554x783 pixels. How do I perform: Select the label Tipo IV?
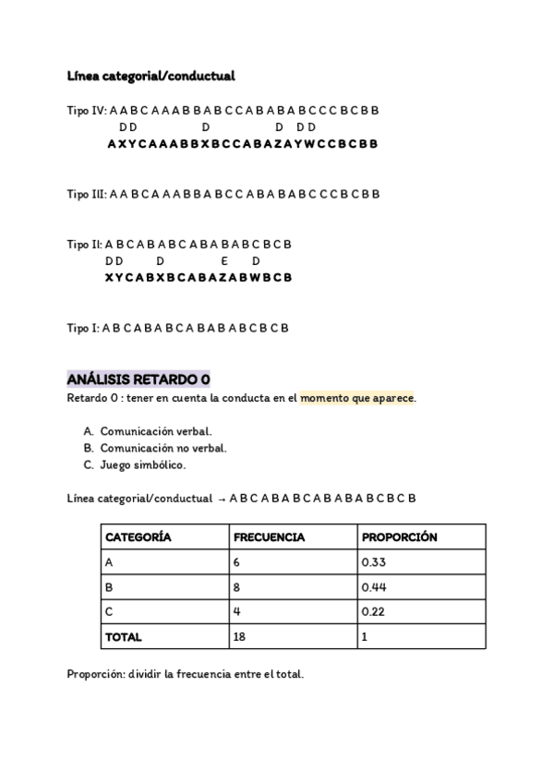(87, 110)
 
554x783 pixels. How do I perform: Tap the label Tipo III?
(86, 194)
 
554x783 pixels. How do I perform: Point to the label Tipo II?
(84, 245)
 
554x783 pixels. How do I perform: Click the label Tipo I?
(82, 328)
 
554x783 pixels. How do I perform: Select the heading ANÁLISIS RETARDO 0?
(138, 379)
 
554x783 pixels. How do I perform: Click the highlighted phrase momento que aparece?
(357, 398)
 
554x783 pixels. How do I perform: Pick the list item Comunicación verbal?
(155, 431)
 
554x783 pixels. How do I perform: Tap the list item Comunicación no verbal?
(163, 448)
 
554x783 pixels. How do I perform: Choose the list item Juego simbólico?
(143, 464)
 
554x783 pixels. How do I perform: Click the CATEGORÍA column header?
(138, 536)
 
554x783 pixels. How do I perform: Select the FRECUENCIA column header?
(269, 536)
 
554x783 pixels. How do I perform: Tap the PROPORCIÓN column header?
(400, 536)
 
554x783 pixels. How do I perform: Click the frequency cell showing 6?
(237, 561)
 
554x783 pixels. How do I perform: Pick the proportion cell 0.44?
(373, 586)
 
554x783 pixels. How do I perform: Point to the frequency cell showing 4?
(237, 611)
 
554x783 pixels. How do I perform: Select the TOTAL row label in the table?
(124, 636)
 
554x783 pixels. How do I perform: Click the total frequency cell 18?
(240, 636)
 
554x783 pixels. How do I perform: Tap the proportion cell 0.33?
(373, 561)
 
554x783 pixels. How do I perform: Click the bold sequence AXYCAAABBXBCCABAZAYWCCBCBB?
(242, 144)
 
